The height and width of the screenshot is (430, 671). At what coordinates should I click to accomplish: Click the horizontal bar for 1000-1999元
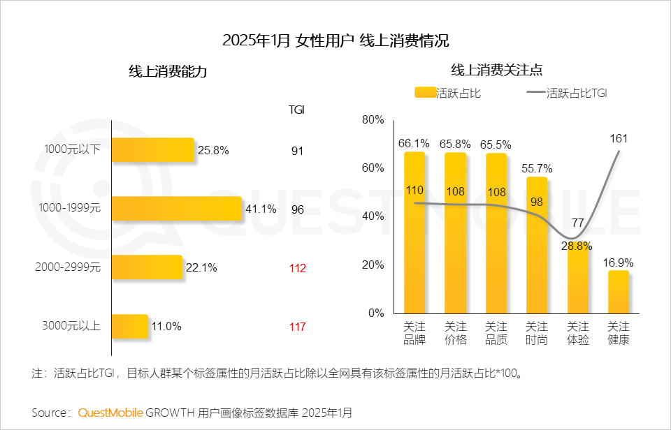coord(176,209)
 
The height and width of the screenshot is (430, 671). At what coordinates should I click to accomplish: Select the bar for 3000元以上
coord(130,326)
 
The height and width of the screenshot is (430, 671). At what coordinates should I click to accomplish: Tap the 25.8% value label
coord(214,150)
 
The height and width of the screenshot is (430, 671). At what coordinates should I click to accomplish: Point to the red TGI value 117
coord(297,326)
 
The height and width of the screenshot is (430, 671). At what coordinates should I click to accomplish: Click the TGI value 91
coord(297,150)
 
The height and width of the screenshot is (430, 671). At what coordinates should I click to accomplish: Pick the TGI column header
coord(296,110)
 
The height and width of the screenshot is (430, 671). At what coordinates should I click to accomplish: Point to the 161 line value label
coord(619,138)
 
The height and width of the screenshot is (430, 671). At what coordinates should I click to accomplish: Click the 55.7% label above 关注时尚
coord(537,168)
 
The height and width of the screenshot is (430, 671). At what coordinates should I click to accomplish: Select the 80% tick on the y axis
coord(373,120)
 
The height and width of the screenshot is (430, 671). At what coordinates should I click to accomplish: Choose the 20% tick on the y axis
coord(373,265)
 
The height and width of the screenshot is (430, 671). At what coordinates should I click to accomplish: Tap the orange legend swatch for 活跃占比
coord(425,92)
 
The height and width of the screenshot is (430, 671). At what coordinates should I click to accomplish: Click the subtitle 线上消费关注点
coord(497,70)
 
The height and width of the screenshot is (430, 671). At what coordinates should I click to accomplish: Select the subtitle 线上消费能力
coord(168,71)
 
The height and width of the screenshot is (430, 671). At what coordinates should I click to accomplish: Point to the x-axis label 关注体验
coord(578,333)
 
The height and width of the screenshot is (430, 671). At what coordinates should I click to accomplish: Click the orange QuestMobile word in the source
coord(110,413)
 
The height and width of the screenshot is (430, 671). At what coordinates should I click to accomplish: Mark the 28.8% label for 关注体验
coord(578,246)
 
